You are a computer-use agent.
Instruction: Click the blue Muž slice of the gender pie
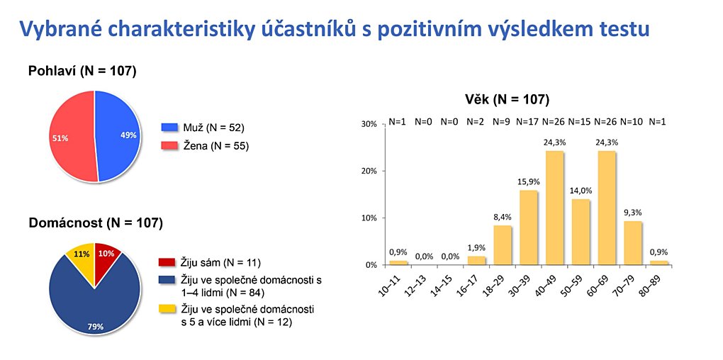pos(118,135)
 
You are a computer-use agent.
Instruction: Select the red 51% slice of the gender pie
pos(72,137)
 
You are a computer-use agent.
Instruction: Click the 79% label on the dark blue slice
pos(96,327)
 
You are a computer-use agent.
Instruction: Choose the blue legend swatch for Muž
pos(168,128)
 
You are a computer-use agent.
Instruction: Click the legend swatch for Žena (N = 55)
pos(168,147)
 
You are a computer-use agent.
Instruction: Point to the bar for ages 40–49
pos(555,208)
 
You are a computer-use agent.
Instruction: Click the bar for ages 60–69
pos(607,208)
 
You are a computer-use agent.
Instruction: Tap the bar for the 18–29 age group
pos(502,245)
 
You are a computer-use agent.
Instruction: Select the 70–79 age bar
pos(633,243)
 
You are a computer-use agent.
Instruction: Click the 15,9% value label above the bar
pos(528,181)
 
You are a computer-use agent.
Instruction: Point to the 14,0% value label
pos(581,191)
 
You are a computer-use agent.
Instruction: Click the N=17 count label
pos(528,122)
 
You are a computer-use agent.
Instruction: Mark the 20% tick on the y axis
pos(371,171)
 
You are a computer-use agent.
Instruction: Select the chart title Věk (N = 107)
pos(506,99)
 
